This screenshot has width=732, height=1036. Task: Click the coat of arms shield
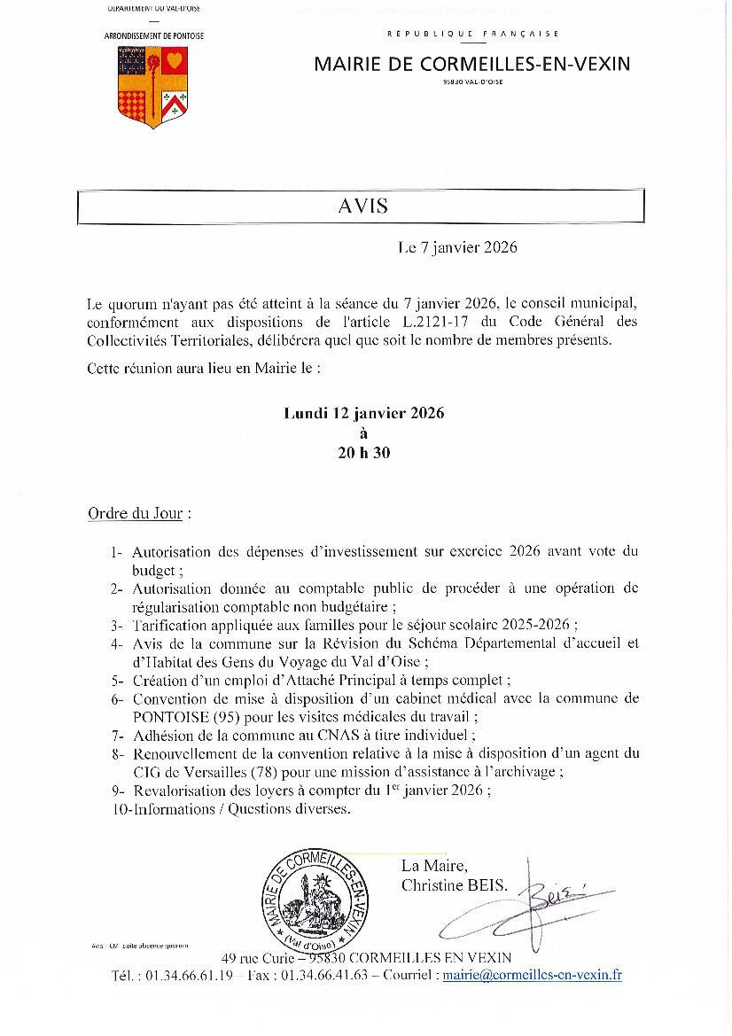tap(152, 86)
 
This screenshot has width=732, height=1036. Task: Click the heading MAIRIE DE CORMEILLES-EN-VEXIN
tap(472, 64)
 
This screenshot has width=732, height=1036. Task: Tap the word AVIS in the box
tap(362, 206)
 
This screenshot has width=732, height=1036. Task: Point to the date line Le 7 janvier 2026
tap(457, 247)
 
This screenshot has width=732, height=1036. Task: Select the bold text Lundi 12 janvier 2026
tap(363, 414)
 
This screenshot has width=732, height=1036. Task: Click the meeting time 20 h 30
tap(363, 452)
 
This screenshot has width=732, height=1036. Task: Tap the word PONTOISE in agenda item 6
tap(166, 716)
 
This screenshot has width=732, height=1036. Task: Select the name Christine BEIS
tap(455, 884)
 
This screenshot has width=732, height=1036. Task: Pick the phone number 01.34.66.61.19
tap(185, 975)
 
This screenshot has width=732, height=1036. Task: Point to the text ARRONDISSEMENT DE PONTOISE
tap(154, 35)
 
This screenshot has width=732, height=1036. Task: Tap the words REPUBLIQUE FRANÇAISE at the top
tap(472, 34)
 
